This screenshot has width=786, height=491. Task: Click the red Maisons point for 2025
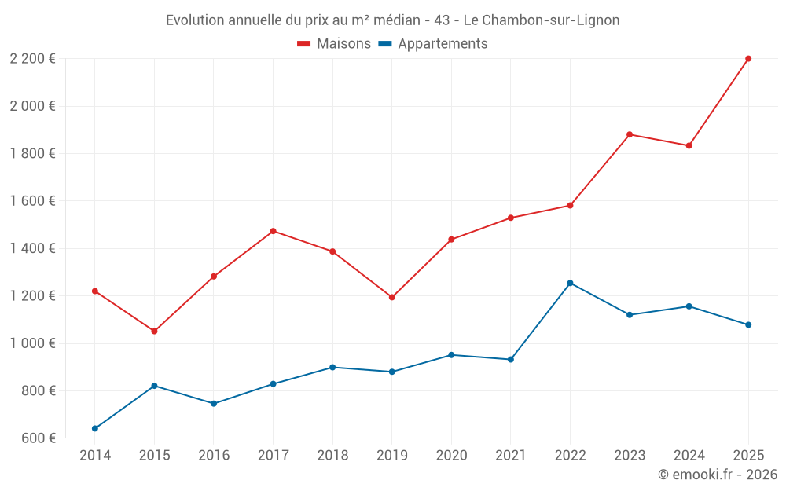click(748, 59)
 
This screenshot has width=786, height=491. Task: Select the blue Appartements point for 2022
click(570, 283)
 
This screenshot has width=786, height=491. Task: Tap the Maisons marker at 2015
click(154, 332)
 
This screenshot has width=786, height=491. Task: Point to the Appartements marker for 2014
click(95, 428)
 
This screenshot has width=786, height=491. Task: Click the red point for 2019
click(391, 297)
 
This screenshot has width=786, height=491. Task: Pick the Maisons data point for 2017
click(273, 231)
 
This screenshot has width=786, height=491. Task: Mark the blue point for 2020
click(451, 355)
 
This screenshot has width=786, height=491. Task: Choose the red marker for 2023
click(630, 134)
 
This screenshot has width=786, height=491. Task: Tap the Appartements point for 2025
click(748, 324)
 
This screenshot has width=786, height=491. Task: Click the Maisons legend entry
click(334, 44)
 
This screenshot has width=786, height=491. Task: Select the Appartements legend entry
click(433, 44)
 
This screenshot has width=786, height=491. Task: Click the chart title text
click(392, 20)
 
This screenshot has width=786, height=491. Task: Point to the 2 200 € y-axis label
click(33, 59)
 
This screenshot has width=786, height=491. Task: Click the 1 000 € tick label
click(33, 343)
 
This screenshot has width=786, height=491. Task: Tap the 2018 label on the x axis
click(332, 456)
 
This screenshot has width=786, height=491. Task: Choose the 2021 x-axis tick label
click(511, 456)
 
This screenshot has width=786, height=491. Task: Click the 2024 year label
click(689, 456)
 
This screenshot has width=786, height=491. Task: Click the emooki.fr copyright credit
click(717, 475)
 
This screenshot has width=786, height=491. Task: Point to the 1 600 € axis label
click(33, 201)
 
